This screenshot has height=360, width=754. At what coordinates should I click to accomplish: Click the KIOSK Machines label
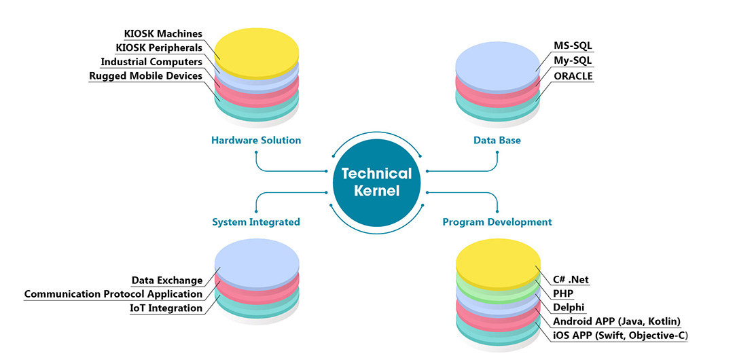(163, 33)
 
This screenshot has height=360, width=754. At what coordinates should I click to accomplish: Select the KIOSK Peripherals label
(159, 48)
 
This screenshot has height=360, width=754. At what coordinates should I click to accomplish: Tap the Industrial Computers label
(151, 62)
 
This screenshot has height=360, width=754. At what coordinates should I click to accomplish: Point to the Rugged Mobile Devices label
(146, 76)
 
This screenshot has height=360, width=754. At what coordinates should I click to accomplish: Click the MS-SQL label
(573, 46)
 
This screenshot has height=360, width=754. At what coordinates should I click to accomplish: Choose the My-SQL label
(573, 60)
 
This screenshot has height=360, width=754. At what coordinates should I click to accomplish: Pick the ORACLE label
(573, 76)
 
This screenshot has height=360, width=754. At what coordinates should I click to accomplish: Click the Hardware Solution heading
(256, 141)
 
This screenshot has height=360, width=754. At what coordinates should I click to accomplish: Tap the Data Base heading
(497, 141)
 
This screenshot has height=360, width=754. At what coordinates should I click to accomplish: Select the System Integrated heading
(256, 222)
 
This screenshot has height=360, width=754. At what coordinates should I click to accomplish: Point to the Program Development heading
(497, 222)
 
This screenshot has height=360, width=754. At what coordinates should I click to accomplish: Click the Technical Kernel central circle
(376, 182)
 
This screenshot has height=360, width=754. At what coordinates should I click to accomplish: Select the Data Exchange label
(167, 281)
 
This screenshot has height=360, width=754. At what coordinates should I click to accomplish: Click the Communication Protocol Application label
(113, 294)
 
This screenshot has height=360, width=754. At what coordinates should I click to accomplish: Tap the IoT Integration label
(166, 308)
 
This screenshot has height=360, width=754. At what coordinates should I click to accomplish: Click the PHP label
(563, 293)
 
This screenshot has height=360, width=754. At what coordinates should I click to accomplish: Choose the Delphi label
(569, 308)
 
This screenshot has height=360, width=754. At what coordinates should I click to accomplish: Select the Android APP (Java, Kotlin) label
(617, 321)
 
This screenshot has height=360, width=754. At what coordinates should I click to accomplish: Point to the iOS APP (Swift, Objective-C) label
(622, 336)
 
